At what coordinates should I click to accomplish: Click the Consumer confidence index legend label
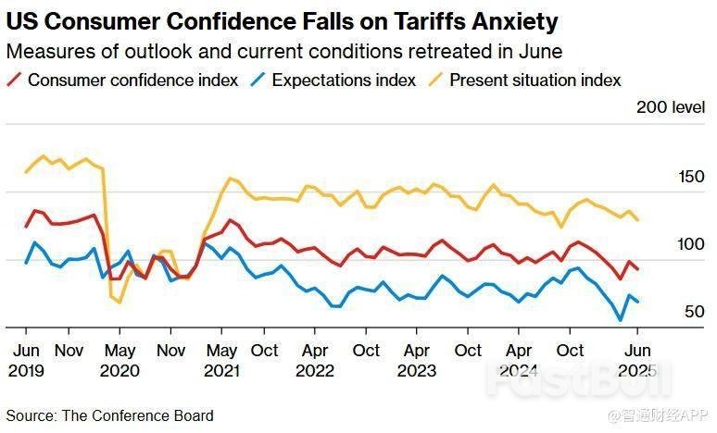(x=132, y=80)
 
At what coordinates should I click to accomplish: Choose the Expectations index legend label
(x=344, y=80)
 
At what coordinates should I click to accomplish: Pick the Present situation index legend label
(x=535, y=80)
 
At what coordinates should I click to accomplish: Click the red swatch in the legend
(x=14, y=80)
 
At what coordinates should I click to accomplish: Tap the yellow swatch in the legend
(x=435, y=80)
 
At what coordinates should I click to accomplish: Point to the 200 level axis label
(x=671, y=107)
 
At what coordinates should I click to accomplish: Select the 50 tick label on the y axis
(x=695, y=313)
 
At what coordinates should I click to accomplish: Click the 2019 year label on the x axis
(x=26, y=371)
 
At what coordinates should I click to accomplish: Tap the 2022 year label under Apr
(x=315, y=371)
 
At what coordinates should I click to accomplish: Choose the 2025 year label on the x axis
(x=636, y=371)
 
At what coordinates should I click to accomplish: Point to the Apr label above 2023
(x=417, y=351)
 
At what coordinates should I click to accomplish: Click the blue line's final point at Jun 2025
(x=637, y=302)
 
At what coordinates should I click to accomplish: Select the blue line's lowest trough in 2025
(x=620, y=320)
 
